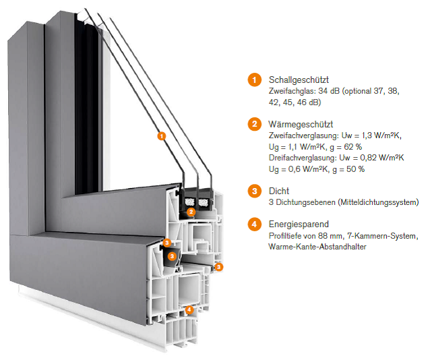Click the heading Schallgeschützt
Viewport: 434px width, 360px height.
[299, 80]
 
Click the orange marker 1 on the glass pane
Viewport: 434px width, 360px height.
[160, 136]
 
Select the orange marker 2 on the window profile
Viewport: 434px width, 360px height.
[191, 211]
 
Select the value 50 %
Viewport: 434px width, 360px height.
[356, 169]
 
